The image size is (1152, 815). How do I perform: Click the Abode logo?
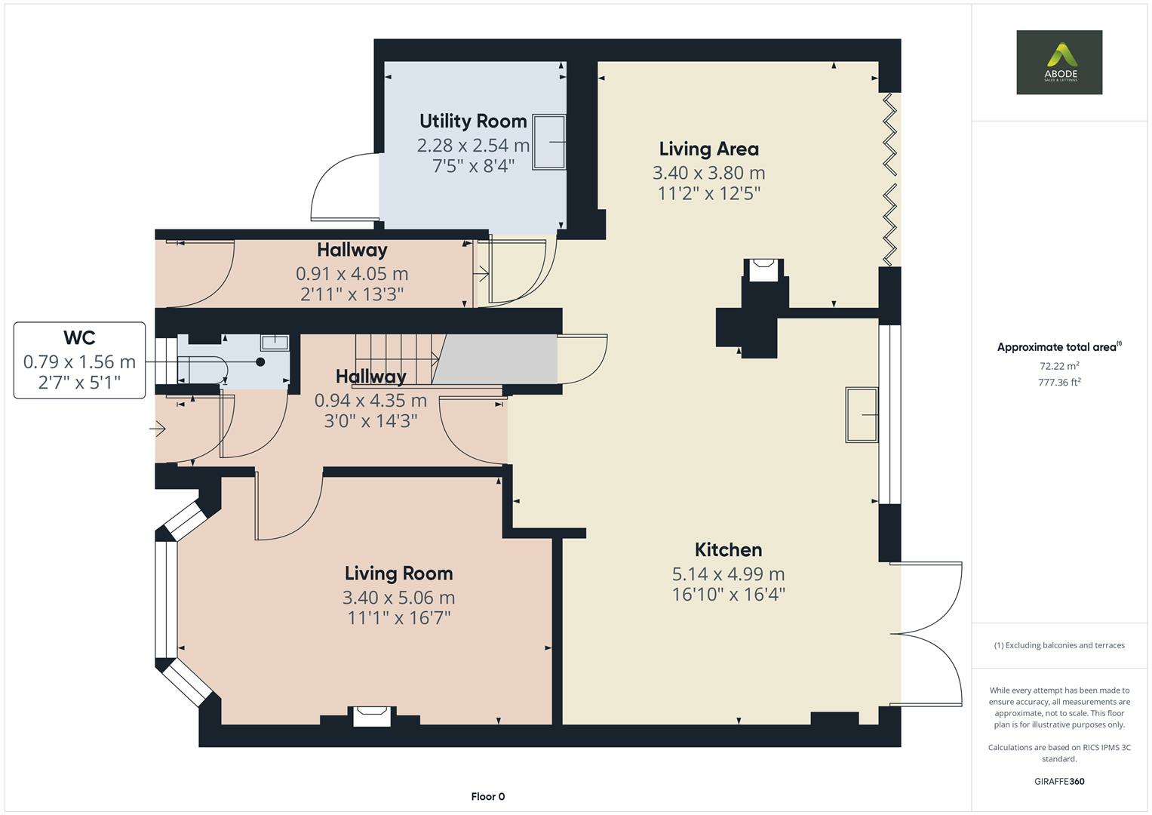click(1059, 62)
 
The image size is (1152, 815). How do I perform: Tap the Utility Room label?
click(473, 121)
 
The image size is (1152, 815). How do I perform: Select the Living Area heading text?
click(709, 149)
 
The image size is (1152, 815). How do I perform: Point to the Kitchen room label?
click(728, 550)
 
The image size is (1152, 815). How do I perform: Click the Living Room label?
click(398, 574)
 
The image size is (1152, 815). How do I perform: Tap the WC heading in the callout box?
click(80, 338)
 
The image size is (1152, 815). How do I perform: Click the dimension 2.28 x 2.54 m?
click(473, 146)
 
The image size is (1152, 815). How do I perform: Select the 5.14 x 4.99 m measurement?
click(728, 574)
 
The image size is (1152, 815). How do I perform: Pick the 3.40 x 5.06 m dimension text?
click(398, 598)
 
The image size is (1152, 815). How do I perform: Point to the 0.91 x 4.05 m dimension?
click(352, 274)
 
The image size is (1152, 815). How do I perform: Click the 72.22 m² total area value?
click(1059, 366)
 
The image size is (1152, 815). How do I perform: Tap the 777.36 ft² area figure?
click(1059, 383)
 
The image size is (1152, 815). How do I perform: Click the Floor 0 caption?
click(488, 796)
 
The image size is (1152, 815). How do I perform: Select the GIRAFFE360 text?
click(1059, 781)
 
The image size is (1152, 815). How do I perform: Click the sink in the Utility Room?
click(548, 142)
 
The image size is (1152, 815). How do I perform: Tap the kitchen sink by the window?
click(862, 415)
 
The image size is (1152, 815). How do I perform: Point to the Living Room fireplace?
click(372, 716)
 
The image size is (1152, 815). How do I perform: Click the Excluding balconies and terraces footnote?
click(1059, 645)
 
